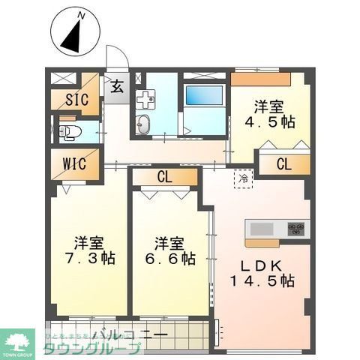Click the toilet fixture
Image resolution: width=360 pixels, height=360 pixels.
pos(69,133)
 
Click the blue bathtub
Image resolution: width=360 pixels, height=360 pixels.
pos(203,95)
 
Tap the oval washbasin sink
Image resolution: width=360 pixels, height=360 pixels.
pos(145,125)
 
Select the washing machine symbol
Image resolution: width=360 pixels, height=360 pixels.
pos(145,97)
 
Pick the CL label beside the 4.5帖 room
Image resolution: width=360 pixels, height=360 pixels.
pos(284,164)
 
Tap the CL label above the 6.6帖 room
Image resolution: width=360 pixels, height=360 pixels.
pos(166,178)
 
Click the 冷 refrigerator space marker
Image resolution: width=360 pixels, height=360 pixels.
pos(243,179)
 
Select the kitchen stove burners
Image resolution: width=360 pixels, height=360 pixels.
pos(297,228)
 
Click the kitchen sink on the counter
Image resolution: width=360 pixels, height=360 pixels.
pos(263,228)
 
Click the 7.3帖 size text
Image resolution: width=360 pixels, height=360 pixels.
pos(88,259)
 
